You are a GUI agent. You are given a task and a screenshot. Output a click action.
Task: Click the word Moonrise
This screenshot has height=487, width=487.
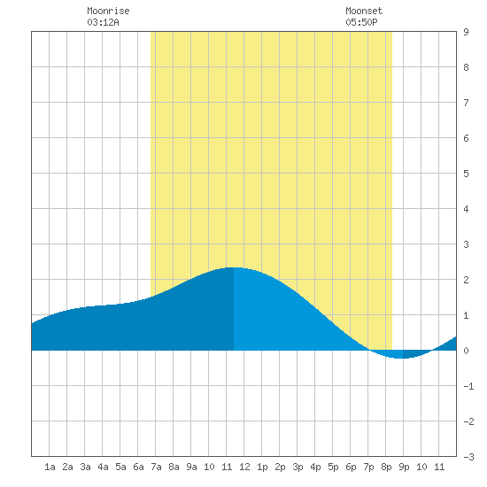108,11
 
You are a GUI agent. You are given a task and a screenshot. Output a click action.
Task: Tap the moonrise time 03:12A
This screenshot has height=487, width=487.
103,22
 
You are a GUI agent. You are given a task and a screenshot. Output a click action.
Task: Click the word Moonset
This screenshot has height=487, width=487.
364,11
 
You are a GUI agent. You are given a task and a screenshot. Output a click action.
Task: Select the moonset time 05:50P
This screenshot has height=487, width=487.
361,22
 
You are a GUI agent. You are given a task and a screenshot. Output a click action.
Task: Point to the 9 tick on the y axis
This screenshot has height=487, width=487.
466,32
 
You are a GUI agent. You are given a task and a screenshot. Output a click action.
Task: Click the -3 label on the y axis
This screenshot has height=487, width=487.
468,457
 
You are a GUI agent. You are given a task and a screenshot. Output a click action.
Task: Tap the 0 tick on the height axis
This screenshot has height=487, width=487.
466,351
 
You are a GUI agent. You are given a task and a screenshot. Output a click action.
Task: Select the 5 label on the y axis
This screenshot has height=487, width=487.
466,174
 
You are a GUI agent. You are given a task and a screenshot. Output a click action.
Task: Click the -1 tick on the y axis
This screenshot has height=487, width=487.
468,386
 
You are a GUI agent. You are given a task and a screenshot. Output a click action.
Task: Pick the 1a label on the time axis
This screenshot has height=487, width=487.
50,467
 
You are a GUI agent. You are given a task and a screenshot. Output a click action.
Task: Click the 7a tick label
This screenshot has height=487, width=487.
156,467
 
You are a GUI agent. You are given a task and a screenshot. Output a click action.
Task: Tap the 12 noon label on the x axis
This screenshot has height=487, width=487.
244,467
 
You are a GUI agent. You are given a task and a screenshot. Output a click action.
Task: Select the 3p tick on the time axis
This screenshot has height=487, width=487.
298,467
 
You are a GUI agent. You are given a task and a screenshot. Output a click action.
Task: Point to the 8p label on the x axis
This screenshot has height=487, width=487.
386,467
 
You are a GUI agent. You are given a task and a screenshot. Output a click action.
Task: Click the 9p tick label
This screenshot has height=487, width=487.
404,467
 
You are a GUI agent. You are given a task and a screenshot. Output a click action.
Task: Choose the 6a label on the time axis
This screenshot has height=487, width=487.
138,467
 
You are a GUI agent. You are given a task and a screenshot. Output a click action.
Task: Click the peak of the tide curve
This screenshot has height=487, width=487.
234,267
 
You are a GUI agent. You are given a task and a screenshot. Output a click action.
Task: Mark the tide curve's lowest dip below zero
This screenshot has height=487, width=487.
400,358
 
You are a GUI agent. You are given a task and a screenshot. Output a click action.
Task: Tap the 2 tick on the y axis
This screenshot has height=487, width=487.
466,280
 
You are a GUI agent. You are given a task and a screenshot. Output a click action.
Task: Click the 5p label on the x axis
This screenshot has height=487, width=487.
333,467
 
